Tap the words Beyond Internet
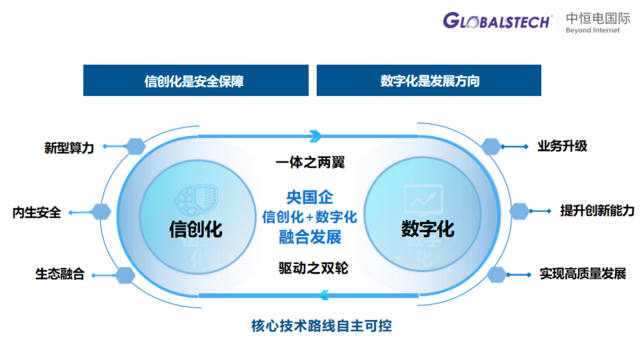[593, 30]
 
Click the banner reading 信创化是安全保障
[196, 80]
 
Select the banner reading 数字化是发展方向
[429, 80]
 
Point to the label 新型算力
[69, 148]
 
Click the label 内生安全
[36, 212]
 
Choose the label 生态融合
[60, 274]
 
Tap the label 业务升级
[562, 146]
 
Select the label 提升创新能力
[597, 211]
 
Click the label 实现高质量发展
[583, 274]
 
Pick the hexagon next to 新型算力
[136, 147]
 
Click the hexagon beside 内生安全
[101, 212]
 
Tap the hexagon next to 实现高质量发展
[496, 275]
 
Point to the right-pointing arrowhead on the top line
[316, 136]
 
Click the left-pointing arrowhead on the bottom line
[324, 295]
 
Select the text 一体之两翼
[310, 162]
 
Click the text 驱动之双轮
[313, 268]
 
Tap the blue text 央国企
[310, 197]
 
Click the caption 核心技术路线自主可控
[322, 326]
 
